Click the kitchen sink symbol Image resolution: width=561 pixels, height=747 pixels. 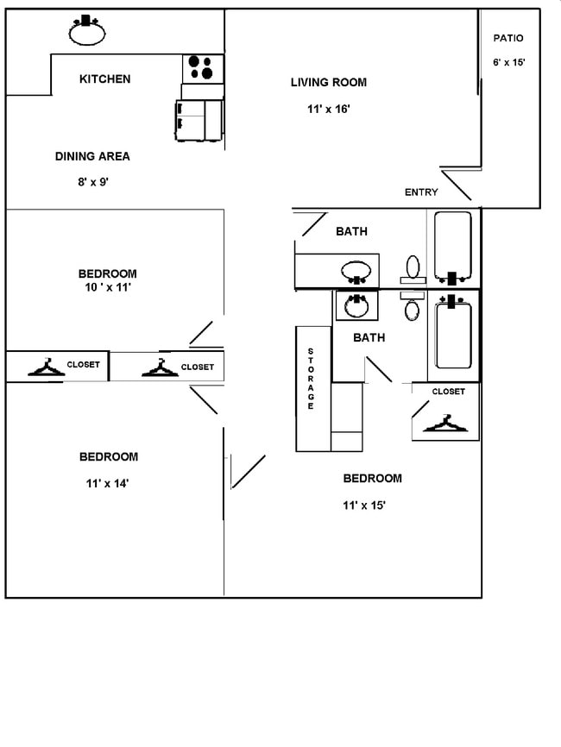tap(87, 32)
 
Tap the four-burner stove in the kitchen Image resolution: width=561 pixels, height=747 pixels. tap(202, 68)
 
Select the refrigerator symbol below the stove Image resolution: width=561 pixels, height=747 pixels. tap(199, 119)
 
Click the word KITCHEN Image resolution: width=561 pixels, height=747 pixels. tap(104, 79)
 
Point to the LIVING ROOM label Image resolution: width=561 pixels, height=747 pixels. tap(328, 83)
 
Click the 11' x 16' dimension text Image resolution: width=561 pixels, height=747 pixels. tap(328, 109)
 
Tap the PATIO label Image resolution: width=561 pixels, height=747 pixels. tap(508, 38)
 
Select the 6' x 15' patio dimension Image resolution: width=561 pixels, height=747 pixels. tap(508, 62)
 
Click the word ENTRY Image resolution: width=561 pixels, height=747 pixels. tap(421, 192)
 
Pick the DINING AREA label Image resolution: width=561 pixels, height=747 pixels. tap(92, 156)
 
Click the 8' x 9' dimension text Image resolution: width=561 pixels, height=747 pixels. tap(92, 182)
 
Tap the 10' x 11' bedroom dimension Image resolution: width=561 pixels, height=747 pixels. tap(107, 288)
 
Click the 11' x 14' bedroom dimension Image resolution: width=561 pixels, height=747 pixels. tap(108, 483)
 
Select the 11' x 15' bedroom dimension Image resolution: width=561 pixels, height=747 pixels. tap(363, 505)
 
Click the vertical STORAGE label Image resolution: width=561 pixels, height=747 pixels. tap(311, 379)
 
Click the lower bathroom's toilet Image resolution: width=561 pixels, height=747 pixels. tap(413, 309)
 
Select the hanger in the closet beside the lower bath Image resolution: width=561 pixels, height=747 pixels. tap(446, 424)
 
